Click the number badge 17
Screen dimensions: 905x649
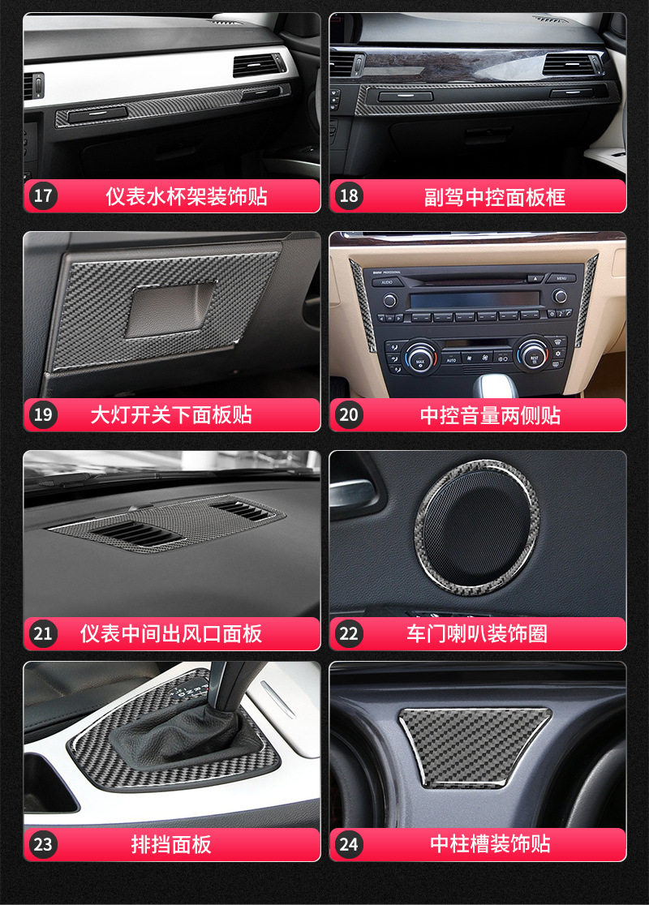tap(43, 196)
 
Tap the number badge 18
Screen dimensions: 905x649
tap(349, 196)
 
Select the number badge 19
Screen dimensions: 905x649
tap(43, 415)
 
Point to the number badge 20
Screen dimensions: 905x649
tap(349, 415)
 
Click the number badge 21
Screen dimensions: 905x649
tap(43, 633)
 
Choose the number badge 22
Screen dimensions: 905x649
tap(349, 633)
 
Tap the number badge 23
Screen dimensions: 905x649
tap(43, 844)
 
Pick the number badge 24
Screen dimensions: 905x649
tap(349, 844)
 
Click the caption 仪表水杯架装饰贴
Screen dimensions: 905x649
tap(187, 196)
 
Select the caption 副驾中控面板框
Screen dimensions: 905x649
tap(495, 196)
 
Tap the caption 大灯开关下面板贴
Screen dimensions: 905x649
tap(171, 415)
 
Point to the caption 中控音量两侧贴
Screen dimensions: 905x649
tap(490, 415)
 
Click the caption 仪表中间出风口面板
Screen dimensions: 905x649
tap(171, 633)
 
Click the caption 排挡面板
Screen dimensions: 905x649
tap(171, 844)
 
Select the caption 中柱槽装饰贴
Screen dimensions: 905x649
tap(490, 844)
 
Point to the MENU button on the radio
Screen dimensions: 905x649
tap(561, 278)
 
